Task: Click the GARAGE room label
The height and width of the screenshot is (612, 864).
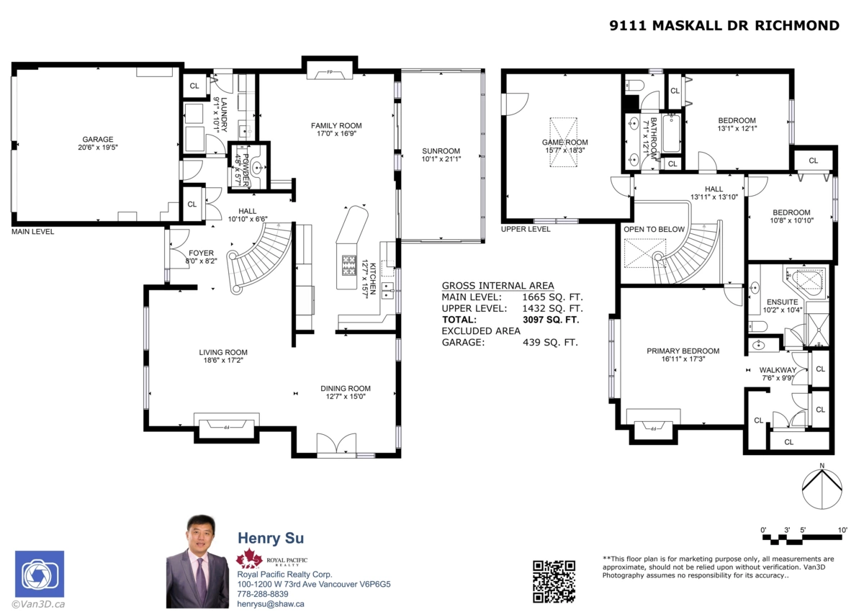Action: pyautogui.click(x=97, y=140)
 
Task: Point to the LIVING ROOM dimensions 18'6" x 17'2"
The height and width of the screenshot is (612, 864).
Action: pyautogui.click(x=223, y=360)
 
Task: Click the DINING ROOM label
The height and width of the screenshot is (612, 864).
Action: pyautogui.click(x=346, y=389)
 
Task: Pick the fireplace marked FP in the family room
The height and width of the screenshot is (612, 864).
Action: pyautogui.click(x=330, y=72)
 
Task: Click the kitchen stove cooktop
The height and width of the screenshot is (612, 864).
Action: pyautogui.click(x=348, y=265)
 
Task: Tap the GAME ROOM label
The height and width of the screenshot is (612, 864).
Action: pyautogui.click(x=565, y=143)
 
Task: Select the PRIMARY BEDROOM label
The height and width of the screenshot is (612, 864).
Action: pyautogui.click(x=683, y=351)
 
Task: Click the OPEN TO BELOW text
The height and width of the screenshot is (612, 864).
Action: pyautogui.click(x=654, y=230)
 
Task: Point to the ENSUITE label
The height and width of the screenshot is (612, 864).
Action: pyautogui.click(x=782, y=302)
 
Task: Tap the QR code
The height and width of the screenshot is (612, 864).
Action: pyautogui.click(x=554, y=581)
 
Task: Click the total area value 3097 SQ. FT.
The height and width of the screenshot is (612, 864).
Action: pyautogui.click(x=551, y=320)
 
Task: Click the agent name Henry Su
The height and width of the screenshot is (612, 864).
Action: pyautogui.click(x=271, y=539)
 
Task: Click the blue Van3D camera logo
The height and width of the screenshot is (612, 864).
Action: pyautogui.click(x=40, y=574)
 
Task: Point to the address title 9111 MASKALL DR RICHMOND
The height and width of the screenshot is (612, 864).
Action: pyautogui.click(x=724, y=26)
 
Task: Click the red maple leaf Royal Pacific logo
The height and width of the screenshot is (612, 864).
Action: pyautogui.click(x=249, y=559)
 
